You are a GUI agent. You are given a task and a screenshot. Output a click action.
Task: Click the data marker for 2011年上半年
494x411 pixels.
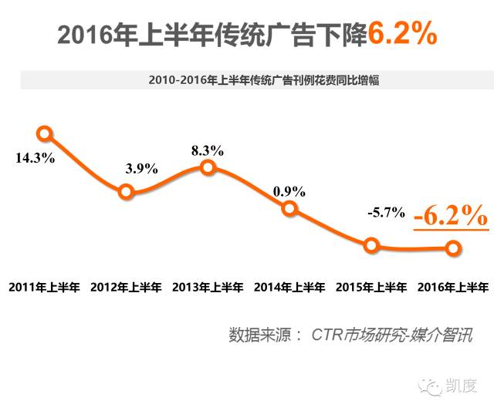point(44,133)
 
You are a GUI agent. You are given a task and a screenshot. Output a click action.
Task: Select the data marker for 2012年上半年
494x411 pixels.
point(127,192)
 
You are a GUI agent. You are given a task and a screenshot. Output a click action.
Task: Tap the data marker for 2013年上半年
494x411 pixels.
point(208,167)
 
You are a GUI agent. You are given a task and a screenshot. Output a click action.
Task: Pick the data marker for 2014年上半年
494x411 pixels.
point(289,208)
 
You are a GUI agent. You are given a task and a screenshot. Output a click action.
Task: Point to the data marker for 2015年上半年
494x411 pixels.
point(372,246)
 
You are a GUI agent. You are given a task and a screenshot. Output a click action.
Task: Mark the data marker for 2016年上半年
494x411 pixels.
point(453,248)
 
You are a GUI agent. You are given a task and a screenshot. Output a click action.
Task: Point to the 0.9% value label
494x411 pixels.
point(289,190)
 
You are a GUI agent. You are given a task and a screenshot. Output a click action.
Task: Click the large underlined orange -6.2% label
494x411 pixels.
point(450,215)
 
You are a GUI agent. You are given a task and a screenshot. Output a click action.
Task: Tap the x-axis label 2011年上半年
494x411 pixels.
point(44,287)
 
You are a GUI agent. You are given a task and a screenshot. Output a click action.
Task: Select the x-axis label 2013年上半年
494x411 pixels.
point(208,287)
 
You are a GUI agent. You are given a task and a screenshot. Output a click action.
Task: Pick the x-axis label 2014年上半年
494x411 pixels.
point(289,287)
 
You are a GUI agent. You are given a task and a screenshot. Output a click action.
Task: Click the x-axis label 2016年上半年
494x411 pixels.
point(452,287)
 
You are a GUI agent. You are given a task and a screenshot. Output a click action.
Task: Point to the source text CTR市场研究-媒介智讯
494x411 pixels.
point(391,335)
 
